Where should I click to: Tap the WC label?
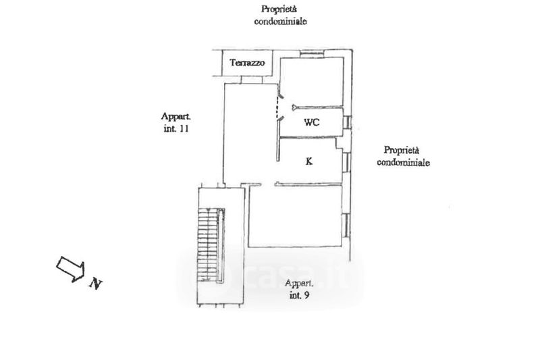click(x=311, y=122)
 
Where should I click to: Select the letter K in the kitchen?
click(x=308, y=161)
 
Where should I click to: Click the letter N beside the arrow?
click(x=96, y=284)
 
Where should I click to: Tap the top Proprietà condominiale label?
click(x=280, y=15)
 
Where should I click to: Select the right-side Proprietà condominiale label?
click(x=404, y=156)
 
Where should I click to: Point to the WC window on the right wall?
click(x=348, y=122)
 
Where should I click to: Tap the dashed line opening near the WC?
click(x=277, y=109)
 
